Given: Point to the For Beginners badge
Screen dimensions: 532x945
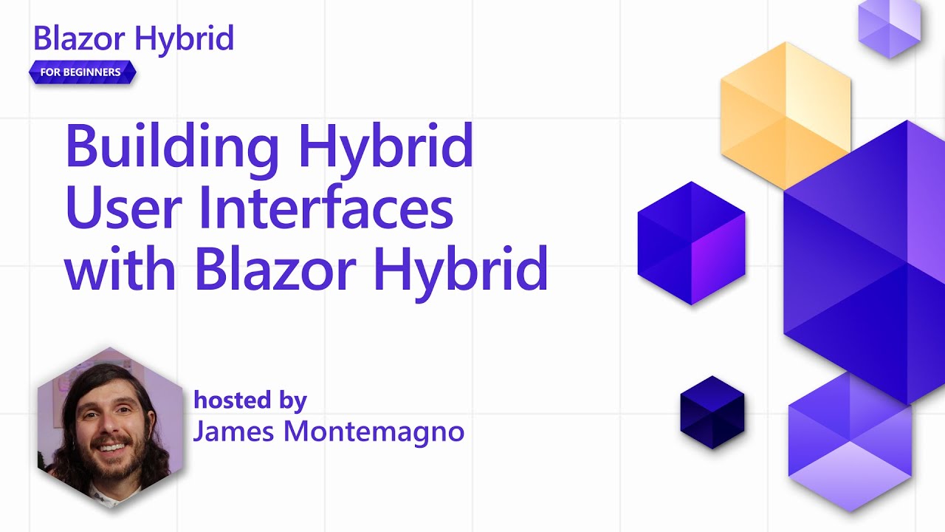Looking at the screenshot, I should [x=82, y=72].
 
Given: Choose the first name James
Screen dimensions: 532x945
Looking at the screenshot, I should [x=230, y=432].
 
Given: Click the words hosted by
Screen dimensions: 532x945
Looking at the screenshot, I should [x=250, y=400].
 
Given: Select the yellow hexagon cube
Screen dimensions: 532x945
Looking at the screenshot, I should [x=785, y=115].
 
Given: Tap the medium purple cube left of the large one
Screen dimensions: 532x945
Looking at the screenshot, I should [x=691, y=243].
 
